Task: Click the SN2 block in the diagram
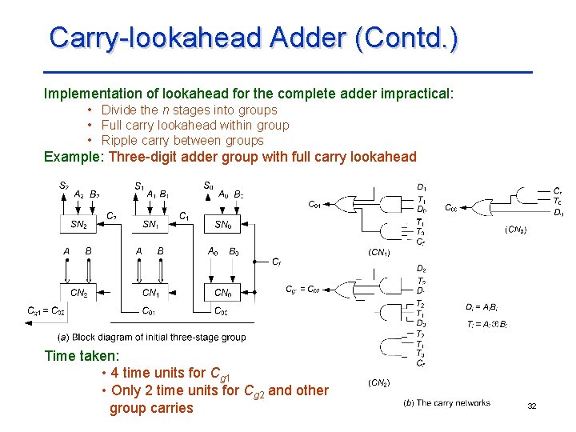point(78,225)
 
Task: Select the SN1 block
point(150,225)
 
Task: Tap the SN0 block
point(222,225)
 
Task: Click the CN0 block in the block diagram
point(222,293)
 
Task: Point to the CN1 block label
point(150,293)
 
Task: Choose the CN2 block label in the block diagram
point(78,293)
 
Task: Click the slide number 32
point(531,407)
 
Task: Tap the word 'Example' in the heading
point(72,157)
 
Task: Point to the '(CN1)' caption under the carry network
point(378,252)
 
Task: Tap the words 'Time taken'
point(81,356)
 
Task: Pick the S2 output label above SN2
point(63,186)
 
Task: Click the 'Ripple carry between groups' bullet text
point(182,141)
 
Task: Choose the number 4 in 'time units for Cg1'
point(115,373)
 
